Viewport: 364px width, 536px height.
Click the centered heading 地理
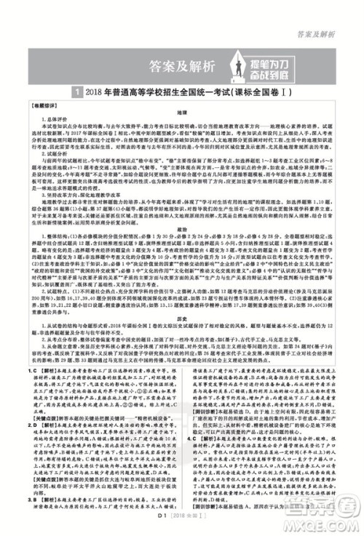pos(181,114)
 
